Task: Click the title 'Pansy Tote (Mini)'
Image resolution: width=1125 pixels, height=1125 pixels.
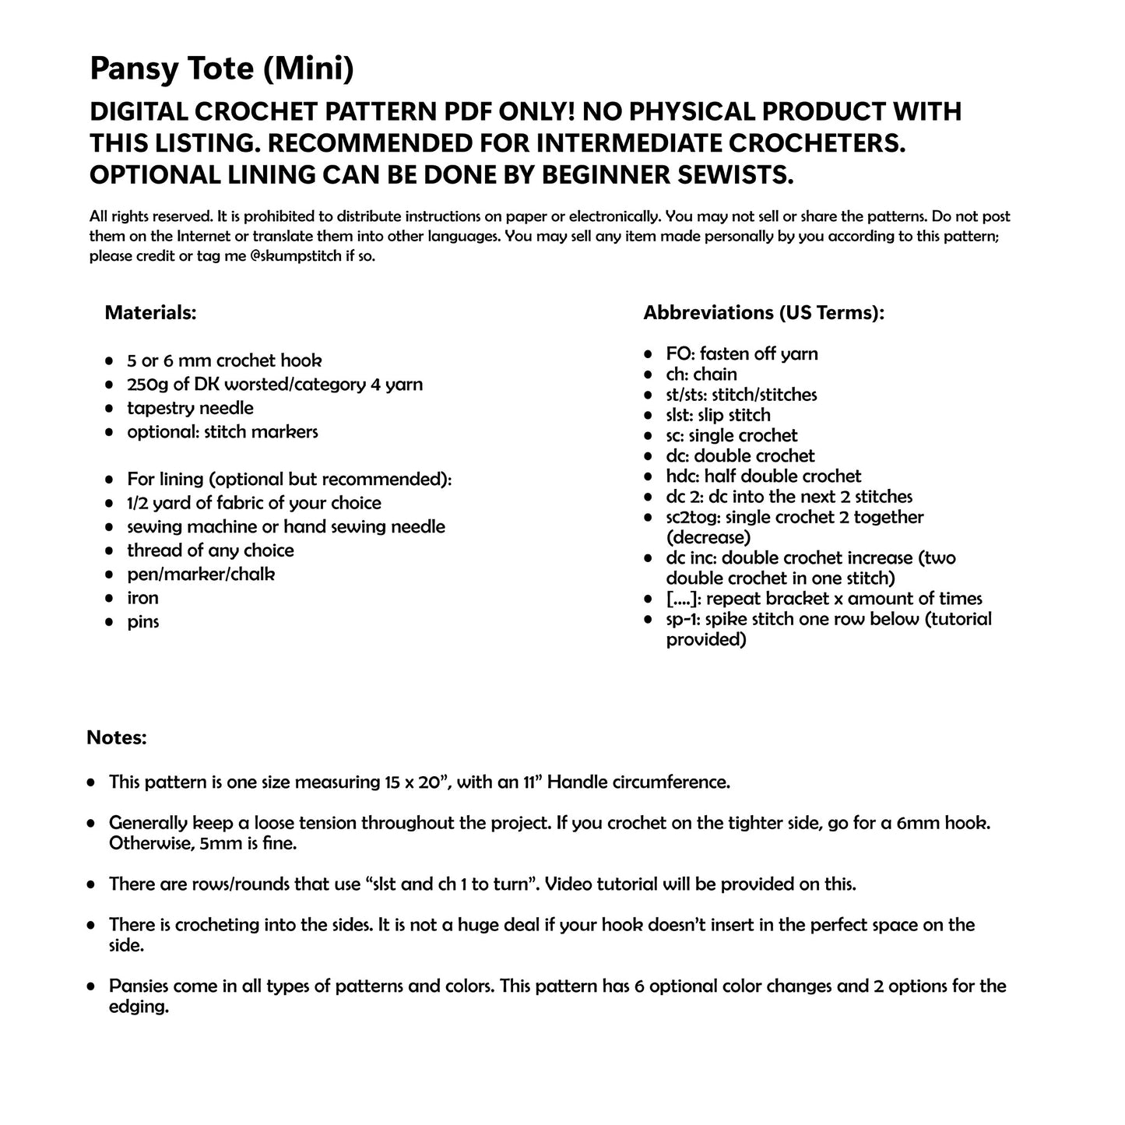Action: [x=222, y=69]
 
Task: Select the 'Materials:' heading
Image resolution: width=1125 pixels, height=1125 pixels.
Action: [x=150, y=313]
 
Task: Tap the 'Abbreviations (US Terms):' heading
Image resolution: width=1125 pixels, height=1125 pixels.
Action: [x=763, y=313]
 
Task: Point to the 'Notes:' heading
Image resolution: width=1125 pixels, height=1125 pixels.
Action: [x=117, y=737]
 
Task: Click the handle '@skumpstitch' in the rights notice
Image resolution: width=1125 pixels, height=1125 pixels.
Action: [x=297, y=255]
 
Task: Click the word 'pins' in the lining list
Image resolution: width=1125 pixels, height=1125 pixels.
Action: [x=143, y=622]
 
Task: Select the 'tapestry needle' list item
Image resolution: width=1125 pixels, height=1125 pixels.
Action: [x=190, y=408]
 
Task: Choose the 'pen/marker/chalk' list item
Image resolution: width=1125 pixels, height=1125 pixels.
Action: [x=201, y=575]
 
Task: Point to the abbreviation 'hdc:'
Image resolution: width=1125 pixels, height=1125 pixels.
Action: [x=683, y=476]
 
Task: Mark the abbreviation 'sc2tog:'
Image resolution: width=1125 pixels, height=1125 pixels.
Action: [x=693, y=517]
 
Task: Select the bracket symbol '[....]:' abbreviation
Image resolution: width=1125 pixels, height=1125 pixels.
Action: [x=684, y=599]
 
